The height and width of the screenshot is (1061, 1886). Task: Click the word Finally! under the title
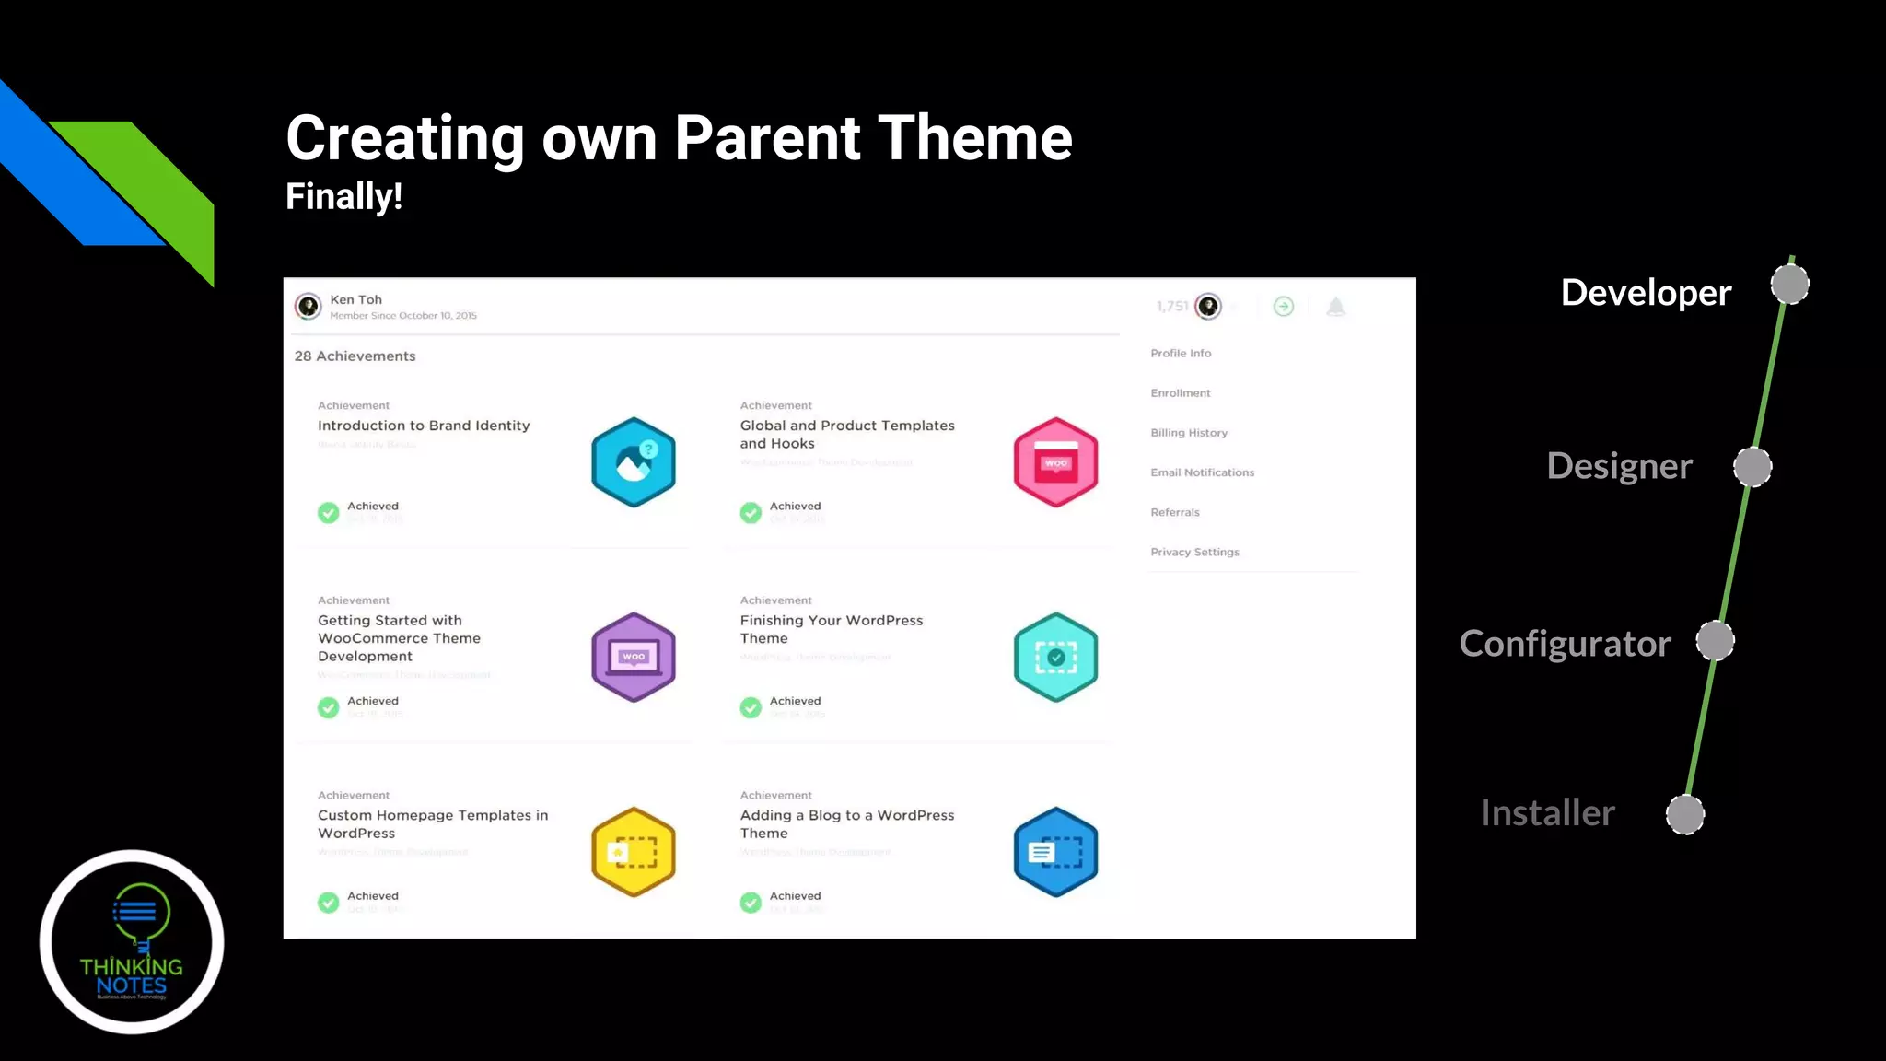(343, 196)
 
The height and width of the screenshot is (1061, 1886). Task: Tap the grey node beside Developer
(1789, 285)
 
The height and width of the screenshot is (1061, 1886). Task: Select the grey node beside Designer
(1752, 467)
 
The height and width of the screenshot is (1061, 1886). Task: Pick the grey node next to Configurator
(1715, 641)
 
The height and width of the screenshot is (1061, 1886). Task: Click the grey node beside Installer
(1685, 815)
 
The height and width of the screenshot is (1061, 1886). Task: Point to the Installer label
(1547, 813)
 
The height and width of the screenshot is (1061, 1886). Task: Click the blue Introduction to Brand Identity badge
(634, 462)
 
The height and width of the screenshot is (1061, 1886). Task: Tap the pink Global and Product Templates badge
(1055, 462)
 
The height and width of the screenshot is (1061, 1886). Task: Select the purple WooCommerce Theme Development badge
(634, 657)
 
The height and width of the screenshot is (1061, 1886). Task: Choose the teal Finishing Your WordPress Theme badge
(1055, 657)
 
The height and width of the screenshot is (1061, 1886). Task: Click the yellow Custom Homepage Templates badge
(634, 852)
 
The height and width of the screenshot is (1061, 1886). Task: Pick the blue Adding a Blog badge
(1055, 852)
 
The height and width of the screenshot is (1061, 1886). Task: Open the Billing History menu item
(1189, 433)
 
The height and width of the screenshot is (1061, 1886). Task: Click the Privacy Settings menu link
(1194, 553)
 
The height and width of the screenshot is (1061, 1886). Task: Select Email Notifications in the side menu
(1202, 472)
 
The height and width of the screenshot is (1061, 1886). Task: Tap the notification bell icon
(1335, 307)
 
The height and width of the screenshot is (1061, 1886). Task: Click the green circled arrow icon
(1283, 307)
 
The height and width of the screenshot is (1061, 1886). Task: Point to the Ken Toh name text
(355, 300)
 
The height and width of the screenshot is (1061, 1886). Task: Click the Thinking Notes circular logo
(132, 941)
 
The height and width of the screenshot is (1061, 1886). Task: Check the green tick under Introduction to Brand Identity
(329, 513)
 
